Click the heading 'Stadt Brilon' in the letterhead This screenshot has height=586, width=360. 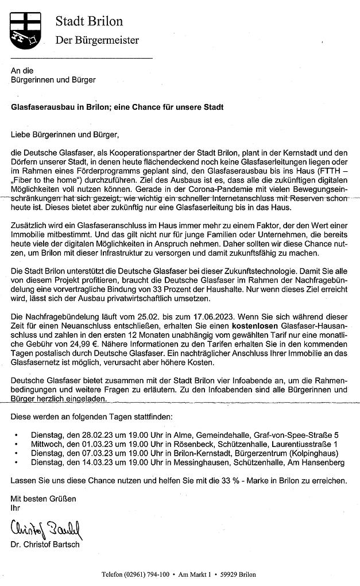click(x=89, y=21)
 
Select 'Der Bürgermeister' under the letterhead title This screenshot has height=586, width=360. click(x=96, y=40)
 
